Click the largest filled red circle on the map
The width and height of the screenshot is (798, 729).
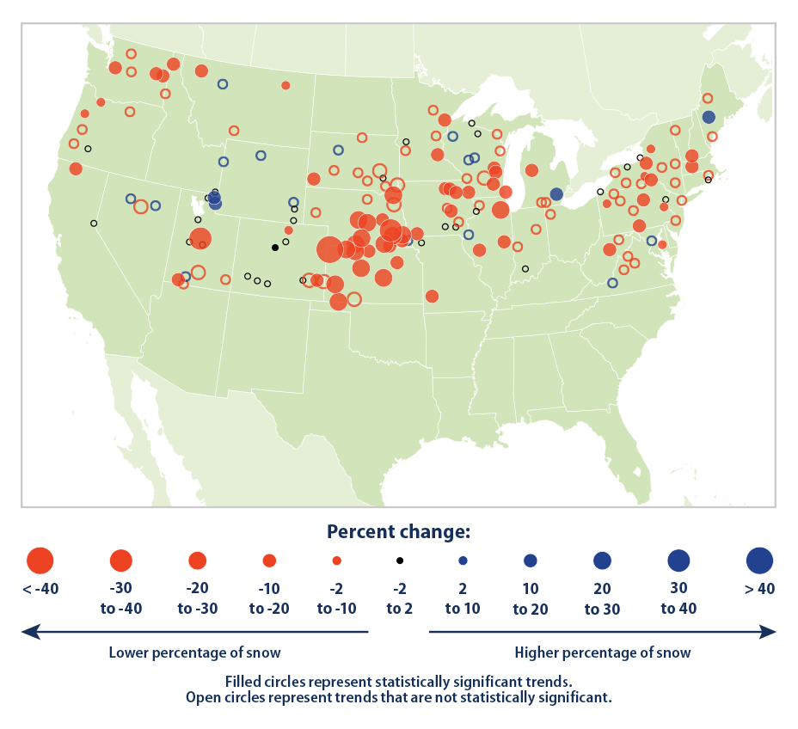329,249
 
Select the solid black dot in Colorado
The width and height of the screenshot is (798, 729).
275,247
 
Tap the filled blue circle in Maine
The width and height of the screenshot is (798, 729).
708,117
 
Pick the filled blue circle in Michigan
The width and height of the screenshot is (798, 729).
556,194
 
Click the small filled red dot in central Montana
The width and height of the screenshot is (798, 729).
285,85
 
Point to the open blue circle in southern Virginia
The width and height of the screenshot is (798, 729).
612,283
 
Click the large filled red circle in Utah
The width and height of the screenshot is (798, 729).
200,239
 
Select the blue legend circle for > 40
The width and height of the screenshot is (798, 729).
760,561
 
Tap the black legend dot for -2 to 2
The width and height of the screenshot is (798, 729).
399,561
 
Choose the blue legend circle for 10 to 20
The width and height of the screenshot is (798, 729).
530,561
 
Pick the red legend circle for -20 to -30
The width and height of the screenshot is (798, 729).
198,561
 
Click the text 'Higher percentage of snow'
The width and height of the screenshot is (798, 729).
602,652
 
